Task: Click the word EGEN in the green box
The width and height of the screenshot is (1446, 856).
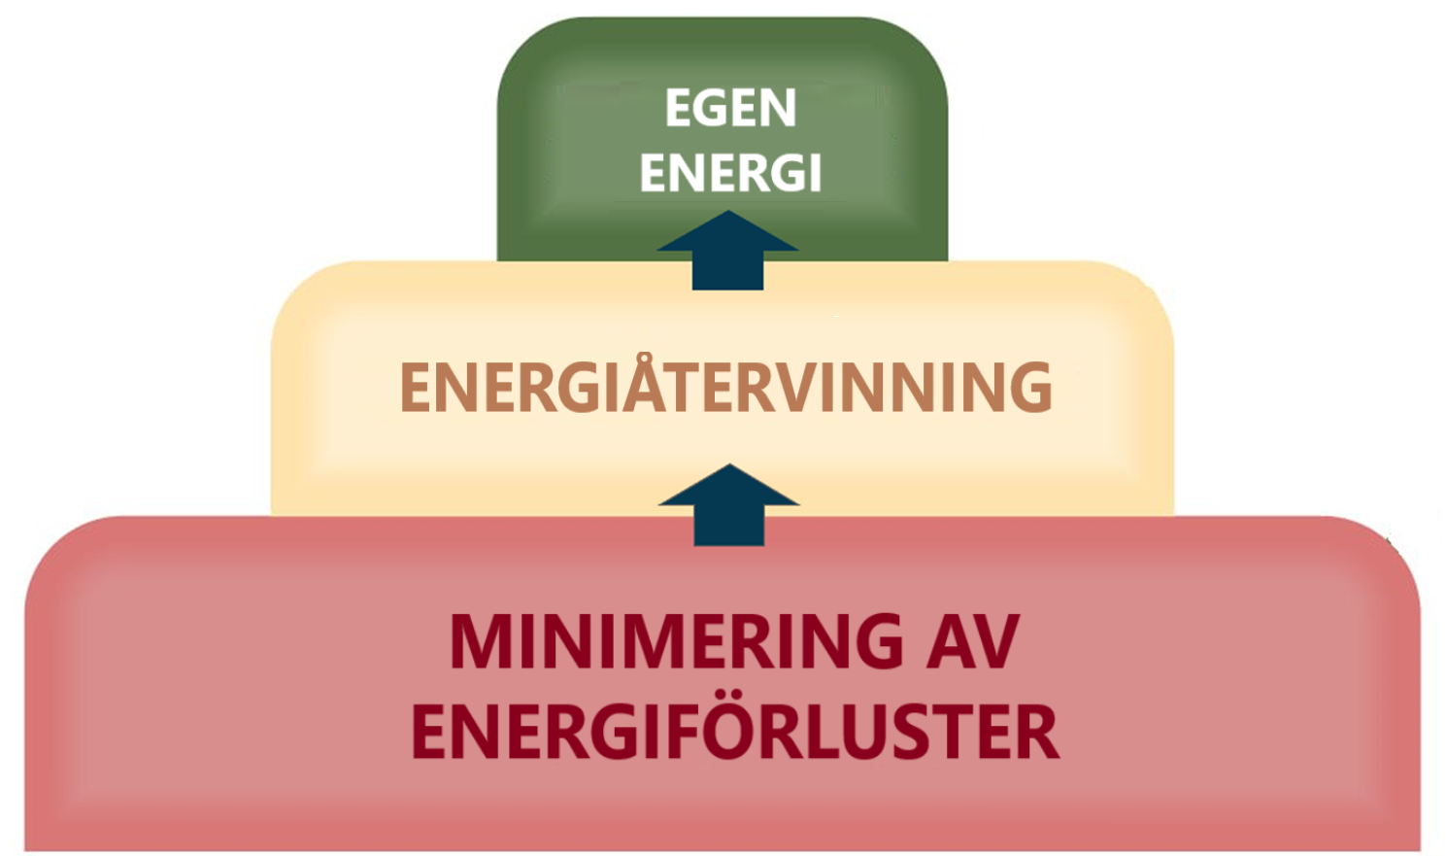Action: click(x=730, y=108)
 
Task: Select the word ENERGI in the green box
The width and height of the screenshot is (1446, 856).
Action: click(x=730, y=174)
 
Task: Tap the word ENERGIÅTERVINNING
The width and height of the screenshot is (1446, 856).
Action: click(x=725, y=388)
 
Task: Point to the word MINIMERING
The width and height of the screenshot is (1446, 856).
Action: click(x=677, y=642)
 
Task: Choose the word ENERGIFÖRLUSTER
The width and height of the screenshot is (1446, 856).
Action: click(x=734, y=732)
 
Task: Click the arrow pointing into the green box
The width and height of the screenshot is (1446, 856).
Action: click(x=728, y=251)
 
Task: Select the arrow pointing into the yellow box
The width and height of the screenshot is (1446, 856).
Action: click(x=728, y=505)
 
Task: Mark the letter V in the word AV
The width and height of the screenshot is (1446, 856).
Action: click(x=995, y=642)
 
